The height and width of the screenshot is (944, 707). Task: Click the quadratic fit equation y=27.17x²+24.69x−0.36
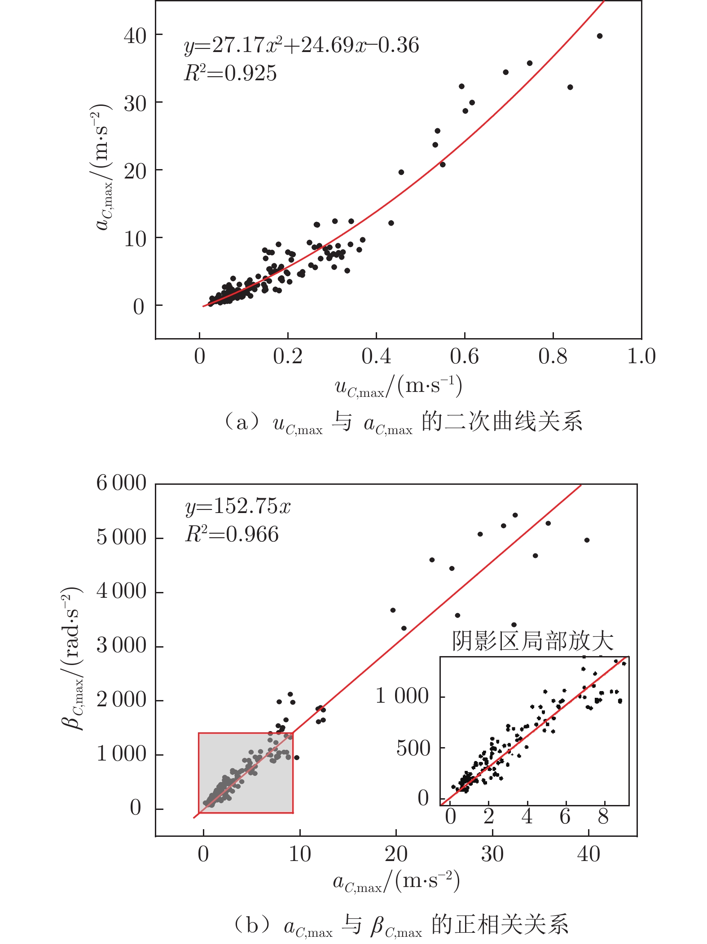click(302, 45)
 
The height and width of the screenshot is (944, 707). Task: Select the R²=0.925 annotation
click(230, 73)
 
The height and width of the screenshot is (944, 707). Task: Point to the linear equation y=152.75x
click(238, 506)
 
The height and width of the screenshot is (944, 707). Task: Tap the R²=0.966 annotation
click(232, 534)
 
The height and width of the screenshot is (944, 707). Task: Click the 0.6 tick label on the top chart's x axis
click(464, 357)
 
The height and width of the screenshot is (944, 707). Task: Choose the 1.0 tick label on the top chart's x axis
click(641, 357)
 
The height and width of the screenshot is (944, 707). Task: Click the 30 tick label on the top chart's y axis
click(135, 104)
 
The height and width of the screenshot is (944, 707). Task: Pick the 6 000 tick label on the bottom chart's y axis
click(121, 483)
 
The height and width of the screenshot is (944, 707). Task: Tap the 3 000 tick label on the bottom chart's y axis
click(121, 646)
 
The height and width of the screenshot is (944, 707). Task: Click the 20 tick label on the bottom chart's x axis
click(396, 854)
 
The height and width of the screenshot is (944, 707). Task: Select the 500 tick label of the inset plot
click(413, 748)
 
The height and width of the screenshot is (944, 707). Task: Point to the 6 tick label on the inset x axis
click(565, 816)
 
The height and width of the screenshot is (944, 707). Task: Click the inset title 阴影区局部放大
click(532, 641)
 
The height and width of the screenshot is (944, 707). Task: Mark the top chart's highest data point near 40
click(599, 36)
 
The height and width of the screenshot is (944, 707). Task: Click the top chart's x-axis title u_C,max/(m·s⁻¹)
click(398, 387)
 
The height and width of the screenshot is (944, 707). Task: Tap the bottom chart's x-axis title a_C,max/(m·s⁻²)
click(396, 882)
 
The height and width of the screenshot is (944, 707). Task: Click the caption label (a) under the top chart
click(242, 422)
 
